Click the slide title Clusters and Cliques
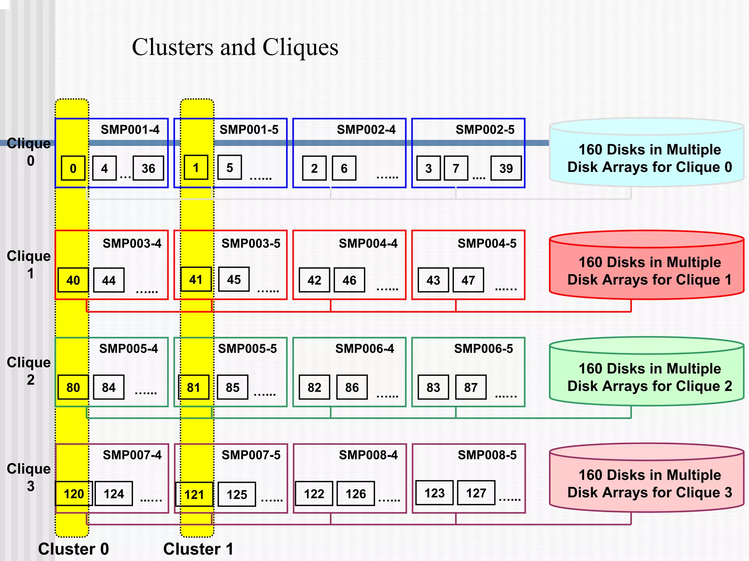(235, 48)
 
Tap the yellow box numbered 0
(73, 168)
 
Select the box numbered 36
(148, 168)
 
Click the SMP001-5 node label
(249, 129)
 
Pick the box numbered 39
(506, 168)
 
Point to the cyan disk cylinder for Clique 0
(647, 154)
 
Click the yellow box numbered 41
(196, 280)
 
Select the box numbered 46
(349, 280)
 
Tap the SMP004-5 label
(487, 243)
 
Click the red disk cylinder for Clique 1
(647, 267)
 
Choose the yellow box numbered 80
(73, 387)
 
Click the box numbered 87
(471, 387)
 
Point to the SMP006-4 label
(365, 349)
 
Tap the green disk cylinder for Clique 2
(647, 373)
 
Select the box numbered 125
(237, 494)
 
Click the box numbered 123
(434, 493)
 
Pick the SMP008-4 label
(368, 455)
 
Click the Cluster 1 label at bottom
(198, 549)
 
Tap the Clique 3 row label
(29, 477)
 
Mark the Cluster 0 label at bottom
(74, 549)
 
